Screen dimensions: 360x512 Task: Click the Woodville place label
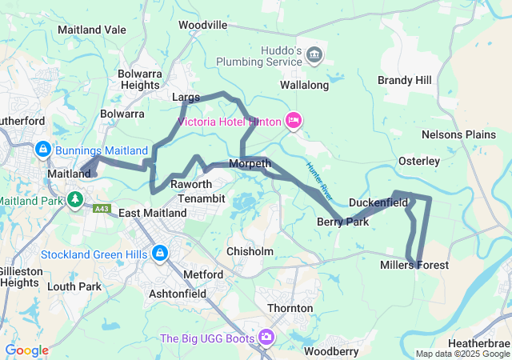click(x=202, y=25)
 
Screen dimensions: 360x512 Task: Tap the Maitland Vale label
click(x=92, y=30)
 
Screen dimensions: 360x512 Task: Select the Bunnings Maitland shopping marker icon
click(x=42, y=150)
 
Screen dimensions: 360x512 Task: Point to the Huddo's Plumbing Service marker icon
click(x=314, y=54)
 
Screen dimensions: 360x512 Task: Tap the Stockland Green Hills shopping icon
click(x=160, y=253)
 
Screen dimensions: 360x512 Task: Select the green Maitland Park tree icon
click(x=75, y=198)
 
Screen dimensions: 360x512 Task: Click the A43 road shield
click(x=102, y=209)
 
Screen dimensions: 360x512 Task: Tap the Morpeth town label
click(x=249, y=163)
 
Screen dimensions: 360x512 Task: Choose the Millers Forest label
click(x=414, y=265)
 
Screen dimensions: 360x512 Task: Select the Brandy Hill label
click(x=404, y=81)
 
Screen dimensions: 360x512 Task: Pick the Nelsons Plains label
click(x=458, y=134)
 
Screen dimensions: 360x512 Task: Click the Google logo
click(x=26, y=350)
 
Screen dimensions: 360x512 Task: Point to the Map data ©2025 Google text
click(x=462, y=354)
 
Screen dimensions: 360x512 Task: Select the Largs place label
click(x=186, y=97)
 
